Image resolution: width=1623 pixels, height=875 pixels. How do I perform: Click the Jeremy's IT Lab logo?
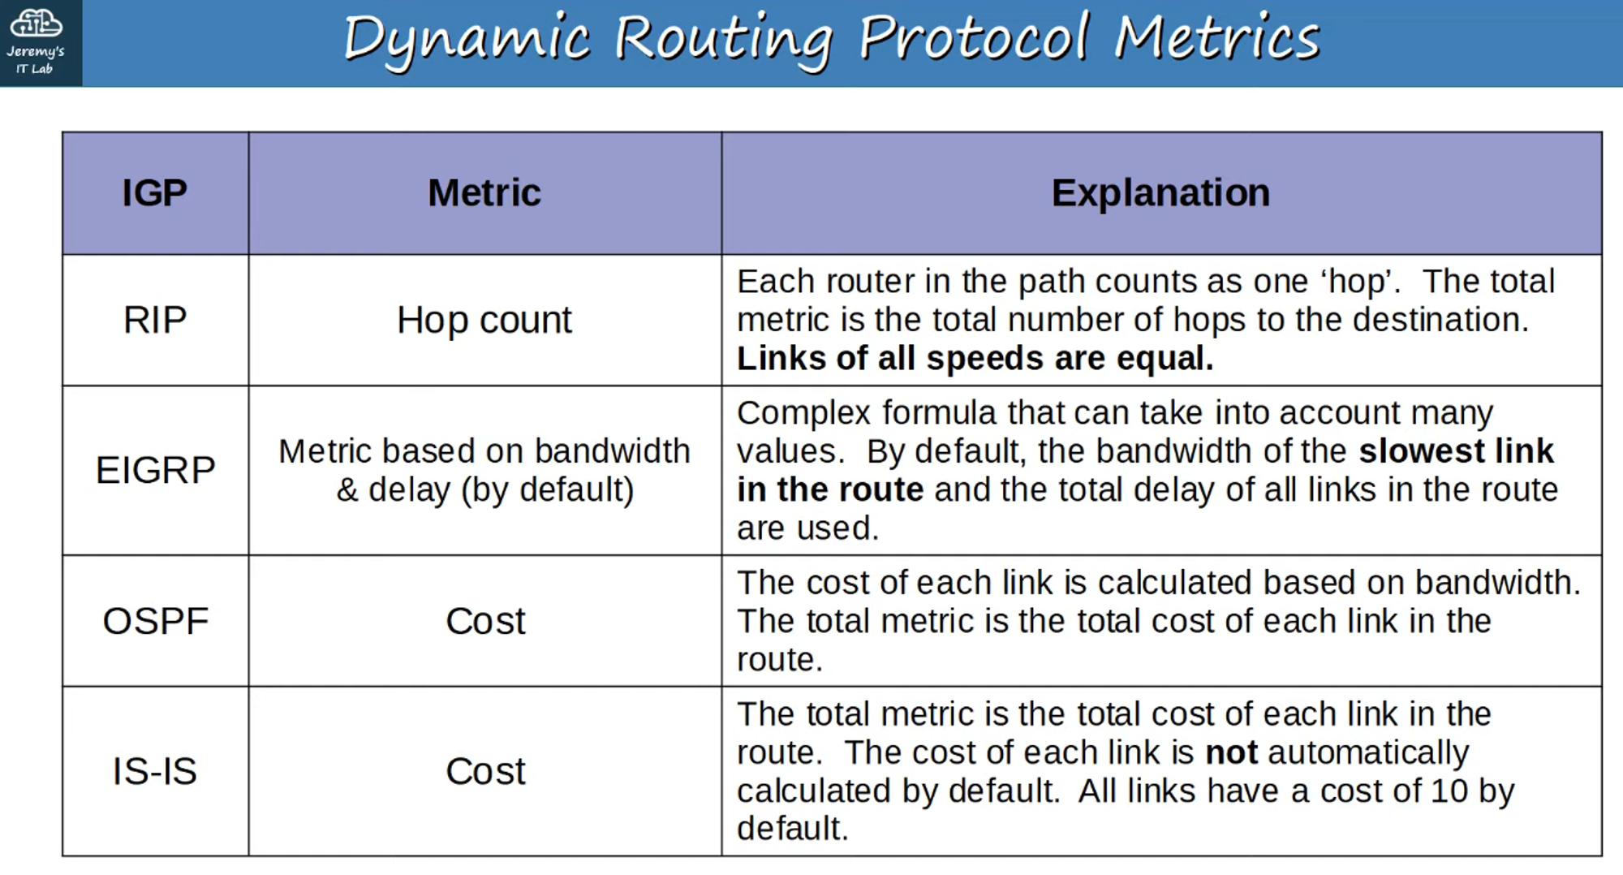point(36,42)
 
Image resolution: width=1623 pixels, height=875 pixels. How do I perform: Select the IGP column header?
point(154,193)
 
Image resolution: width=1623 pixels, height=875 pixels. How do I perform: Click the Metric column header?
point(484,193)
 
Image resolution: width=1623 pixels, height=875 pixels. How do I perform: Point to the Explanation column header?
point(1160,193)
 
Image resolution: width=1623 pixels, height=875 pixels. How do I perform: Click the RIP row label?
point(155,320)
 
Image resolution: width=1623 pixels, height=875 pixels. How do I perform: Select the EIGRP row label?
point(155,470)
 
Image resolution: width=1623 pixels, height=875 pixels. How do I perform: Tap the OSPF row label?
point(155,621)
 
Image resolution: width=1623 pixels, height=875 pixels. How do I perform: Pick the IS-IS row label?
point(155,771)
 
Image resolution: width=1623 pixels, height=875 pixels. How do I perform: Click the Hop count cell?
point(484,321)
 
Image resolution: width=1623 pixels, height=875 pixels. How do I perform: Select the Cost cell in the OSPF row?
point(485,622)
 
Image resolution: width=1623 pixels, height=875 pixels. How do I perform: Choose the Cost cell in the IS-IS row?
point(485,771)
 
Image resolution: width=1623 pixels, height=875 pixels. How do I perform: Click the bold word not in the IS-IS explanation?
point(1232,753)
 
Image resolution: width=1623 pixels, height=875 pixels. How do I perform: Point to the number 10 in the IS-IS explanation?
point(1449,791)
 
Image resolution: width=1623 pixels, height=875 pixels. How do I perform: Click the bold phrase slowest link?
point(1457,451)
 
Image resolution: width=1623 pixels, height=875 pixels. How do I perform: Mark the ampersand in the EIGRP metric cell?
point(347,490)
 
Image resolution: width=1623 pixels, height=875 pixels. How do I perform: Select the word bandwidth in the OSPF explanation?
point(1498,583)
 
